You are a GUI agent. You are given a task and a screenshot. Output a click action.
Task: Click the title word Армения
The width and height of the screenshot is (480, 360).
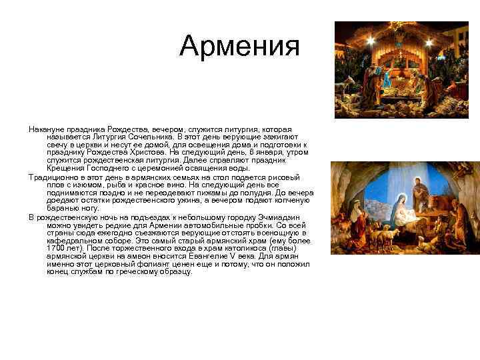(x=240, y=46)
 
